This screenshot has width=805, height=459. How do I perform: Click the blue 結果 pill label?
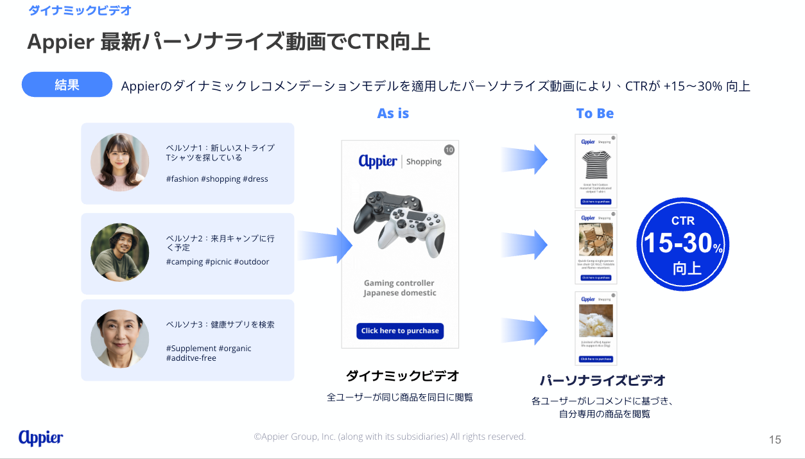67,85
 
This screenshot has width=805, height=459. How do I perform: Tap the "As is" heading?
393,114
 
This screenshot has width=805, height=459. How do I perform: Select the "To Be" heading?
594,114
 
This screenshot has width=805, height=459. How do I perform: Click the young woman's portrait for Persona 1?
120,162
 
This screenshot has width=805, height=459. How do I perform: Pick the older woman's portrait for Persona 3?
120,338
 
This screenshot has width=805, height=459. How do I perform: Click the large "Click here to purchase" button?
400,331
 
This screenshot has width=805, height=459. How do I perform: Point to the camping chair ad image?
596,239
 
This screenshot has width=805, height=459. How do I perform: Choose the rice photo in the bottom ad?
596,320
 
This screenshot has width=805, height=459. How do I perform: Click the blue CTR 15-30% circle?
683,244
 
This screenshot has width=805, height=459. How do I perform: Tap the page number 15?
775,440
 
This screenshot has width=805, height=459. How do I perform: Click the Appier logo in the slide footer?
41,438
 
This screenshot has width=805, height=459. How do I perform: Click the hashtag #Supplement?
191,349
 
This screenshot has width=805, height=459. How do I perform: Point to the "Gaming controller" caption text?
399,283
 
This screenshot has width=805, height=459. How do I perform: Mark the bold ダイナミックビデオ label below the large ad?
402,376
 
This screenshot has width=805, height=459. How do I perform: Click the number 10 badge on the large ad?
449,150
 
